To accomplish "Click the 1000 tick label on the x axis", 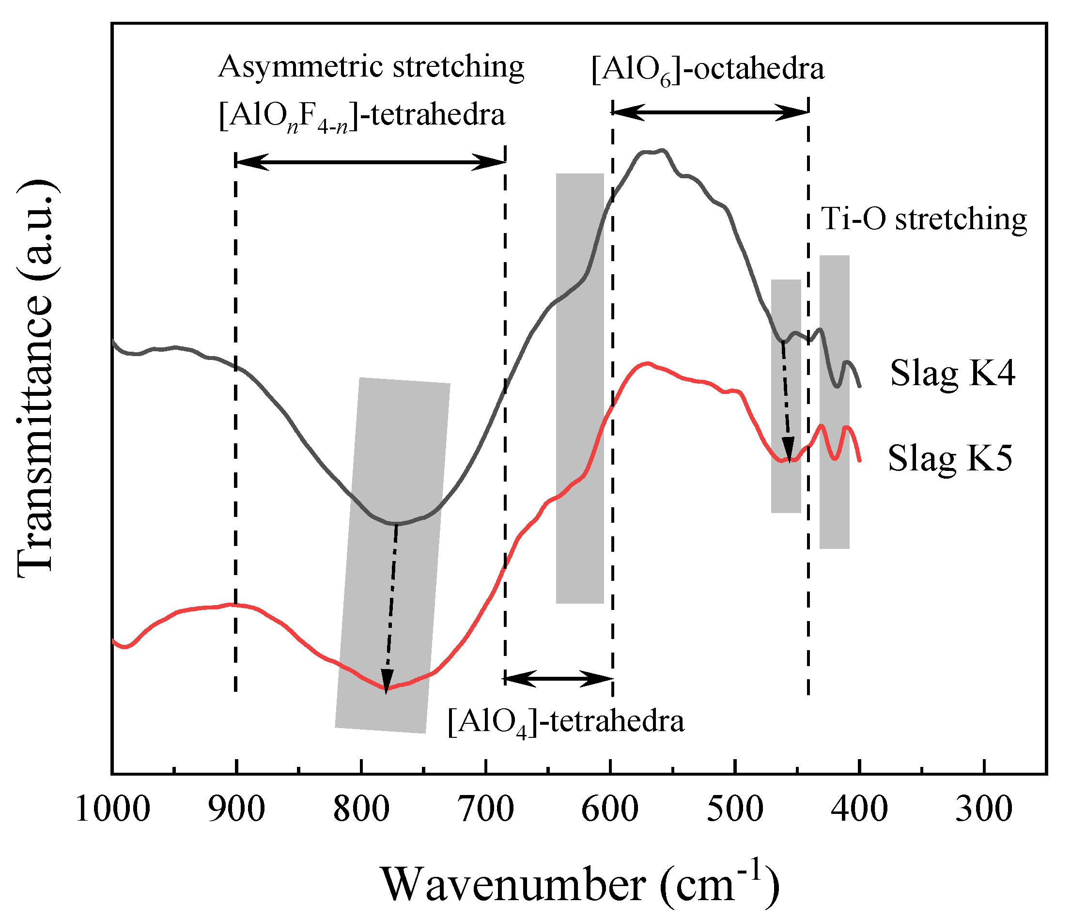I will pyautogui.click(x=113, y=810).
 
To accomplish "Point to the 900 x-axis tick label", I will pyautogui.click(x=236, y=810).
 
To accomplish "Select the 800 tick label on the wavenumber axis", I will pyautogui.click(x=361, y=810).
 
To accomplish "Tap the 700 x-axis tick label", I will pyautogui.click(x=486, y=810).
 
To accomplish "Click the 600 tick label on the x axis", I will pyautogui.click(x=610, y=810).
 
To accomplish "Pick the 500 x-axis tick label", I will pyautogui.click(x=735, y=810).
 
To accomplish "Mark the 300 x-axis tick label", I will pyautogui.click(x=984, y=810).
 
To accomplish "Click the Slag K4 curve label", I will pyautogui.click(x=952, y=374).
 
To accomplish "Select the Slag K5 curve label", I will pyautogui.click(x=950, y=458).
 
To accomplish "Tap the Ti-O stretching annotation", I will pyautogui.click(x=924, y=219).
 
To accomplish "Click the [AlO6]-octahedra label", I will pyautogui.click(x=708, y=70).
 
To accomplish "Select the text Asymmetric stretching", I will pyautogui.click(x=371, y=67).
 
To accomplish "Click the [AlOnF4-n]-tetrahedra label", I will pyautogui.click(x=362, y=116).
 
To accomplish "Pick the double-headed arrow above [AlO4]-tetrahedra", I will pyautogui.click(x=558, y=679).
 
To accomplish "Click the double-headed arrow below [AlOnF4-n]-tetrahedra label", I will pyautogui.click(x=370, y=162).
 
